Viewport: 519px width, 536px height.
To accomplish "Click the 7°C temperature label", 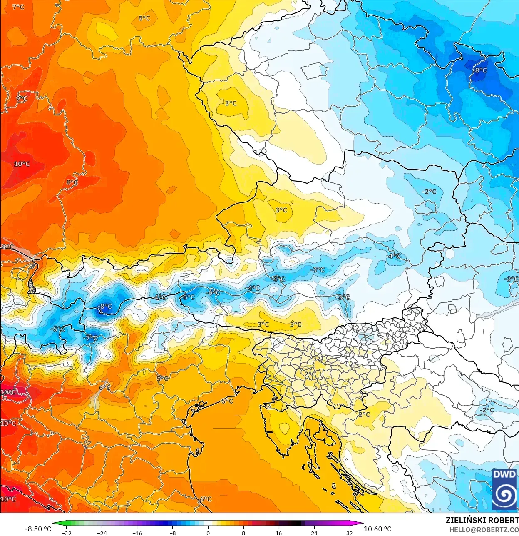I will pyautogui.click(x=18, y=7).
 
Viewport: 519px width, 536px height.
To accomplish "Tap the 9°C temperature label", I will pyautogui.click(x=22, y=99).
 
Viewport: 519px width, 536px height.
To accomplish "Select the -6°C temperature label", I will pyautogui.click(x=214, y=293).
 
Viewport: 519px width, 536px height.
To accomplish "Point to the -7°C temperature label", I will pyautogui.click(x=90, y=338).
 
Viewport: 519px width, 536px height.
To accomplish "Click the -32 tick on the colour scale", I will pyautogui.click(x=67, y=533).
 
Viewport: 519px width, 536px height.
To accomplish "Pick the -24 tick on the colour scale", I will pyautogui.click(x=102, y=533).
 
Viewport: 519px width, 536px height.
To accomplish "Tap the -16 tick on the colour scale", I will pyautogui.click(x=137, y=533).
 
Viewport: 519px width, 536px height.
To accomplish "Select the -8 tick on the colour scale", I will pyautogui.click(x=173, y=533).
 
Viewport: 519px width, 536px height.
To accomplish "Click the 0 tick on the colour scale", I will pyautogui.click(x=208, y=533).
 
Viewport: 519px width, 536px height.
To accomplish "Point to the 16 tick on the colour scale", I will pyautogui.click(x=279, y=533).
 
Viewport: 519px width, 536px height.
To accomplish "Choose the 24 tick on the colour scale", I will pyautogui.click(x=314, y=533).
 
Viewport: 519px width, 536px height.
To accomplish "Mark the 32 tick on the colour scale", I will pyautogui.click(x=350, y=533).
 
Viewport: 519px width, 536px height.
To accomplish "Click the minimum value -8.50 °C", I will pyautogui.click(x=38, y=529).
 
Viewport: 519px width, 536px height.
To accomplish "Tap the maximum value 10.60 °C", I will pyautogui.click(x=377, y=529).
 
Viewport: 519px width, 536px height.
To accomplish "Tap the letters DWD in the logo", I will pyautogui.click(x=504, y=474).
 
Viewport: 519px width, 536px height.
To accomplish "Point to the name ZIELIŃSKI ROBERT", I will pyautogui.click(x=482, y=520).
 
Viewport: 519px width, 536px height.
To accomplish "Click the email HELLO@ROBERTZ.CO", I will pyautogui.click(x=484, y=530).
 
